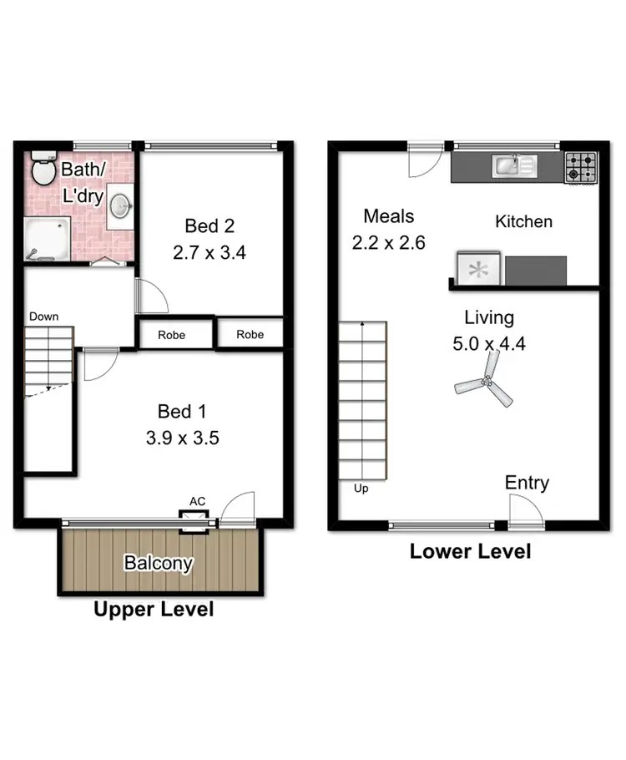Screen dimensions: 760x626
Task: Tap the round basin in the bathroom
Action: coord(122,205)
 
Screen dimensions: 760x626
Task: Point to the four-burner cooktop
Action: coord(581,167)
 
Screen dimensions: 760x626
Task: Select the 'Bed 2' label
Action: coord(209,226)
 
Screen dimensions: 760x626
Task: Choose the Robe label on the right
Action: coord(250,334)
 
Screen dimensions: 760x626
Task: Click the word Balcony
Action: coord(159,563)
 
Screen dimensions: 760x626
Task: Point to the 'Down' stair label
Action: coord(43,317)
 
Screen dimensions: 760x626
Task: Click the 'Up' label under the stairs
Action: coord(361,489)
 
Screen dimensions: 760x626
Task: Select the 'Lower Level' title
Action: coord(470,551)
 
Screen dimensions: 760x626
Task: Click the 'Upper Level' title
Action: coord(154,610)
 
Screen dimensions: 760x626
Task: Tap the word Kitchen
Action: coord(523,221)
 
